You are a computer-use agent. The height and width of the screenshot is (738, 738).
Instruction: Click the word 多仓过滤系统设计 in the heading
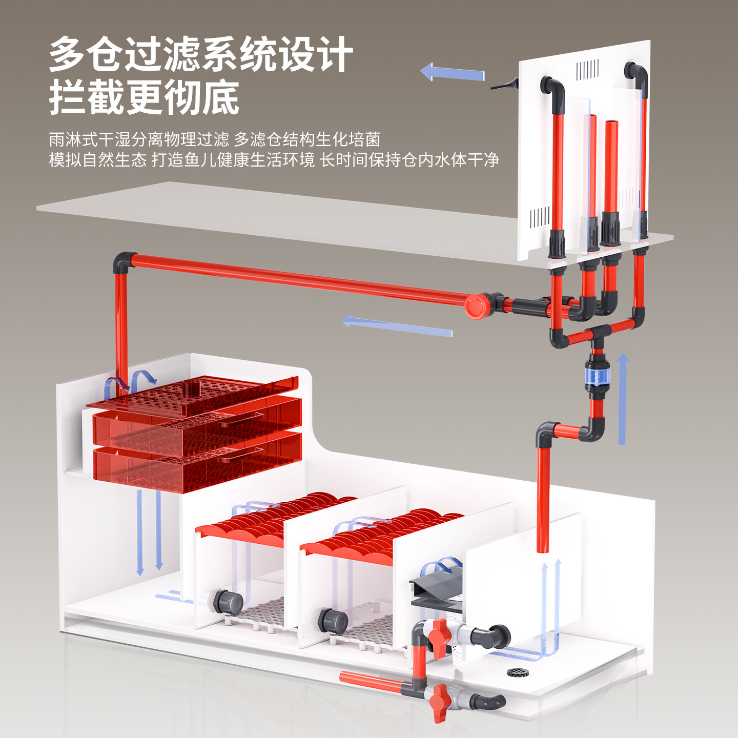[201, 54]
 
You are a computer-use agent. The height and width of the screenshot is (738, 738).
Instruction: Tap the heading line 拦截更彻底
[145, 97]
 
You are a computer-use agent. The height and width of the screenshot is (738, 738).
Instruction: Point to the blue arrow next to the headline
[452, 73]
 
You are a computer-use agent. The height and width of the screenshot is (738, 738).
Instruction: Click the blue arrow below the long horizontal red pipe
[397, 326]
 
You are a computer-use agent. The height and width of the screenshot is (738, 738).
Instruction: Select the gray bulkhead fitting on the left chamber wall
[226, 601]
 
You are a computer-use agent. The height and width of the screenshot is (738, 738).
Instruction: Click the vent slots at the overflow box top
[587, 70]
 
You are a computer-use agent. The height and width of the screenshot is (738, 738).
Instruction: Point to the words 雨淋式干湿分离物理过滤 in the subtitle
[139, 139]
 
